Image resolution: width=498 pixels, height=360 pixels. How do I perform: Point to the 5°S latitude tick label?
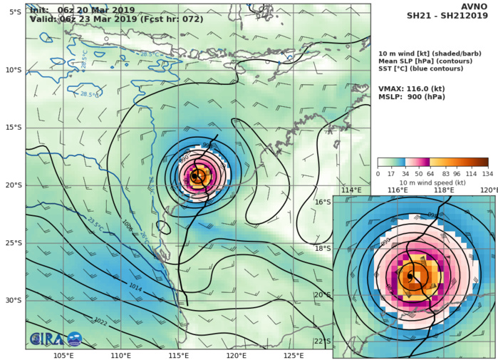click(14, 12)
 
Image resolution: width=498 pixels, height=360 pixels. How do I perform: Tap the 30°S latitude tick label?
click(12, 300)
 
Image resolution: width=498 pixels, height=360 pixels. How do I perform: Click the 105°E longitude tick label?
click(63, 355)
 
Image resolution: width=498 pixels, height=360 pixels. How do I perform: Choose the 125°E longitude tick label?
click(294, 355)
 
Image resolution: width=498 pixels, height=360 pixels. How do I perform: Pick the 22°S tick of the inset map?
click(322, 341)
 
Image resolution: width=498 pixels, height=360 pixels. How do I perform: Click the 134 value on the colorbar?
click(488, 173)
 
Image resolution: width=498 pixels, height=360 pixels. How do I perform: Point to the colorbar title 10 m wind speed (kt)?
click(432, 182)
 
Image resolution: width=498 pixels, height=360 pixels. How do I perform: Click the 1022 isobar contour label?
click(100, 322)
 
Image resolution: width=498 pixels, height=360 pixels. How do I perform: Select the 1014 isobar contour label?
click(135, 286)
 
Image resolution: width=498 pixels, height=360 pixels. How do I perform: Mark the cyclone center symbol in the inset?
click(410, 276)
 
